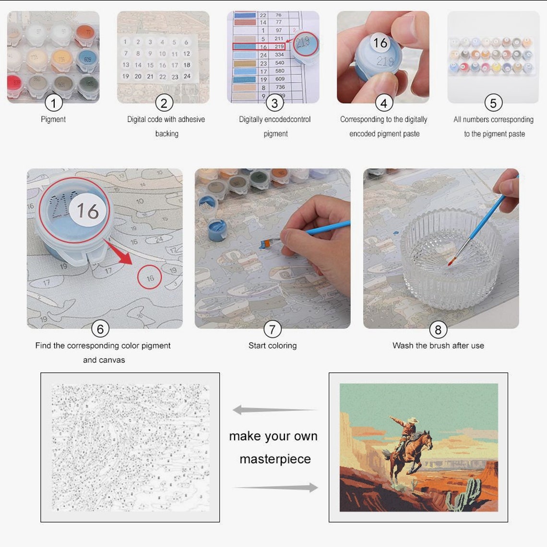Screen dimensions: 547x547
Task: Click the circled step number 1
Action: coord(53,103)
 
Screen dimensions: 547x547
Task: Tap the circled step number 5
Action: coord(493,103)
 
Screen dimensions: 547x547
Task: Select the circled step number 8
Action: coord(438,329)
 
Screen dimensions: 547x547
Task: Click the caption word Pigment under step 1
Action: coord(53,119)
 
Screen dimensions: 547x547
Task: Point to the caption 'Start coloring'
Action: coord(273,345)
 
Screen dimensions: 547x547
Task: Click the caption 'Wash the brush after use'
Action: coord(438,345)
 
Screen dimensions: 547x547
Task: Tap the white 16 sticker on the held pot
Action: coord(380,43)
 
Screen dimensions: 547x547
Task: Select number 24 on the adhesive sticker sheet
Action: coord(187,76)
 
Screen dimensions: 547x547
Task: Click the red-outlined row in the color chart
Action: coord(259,47)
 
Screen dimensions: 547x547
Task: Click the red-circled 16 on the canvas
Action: coord(150,278)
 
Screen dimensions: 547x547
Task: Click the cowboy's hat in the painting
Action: coord(411,420)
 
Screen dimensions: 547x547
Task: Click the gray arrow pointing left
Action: coord(273,410)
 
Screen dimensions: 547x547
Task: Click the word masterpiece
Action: coord(275,459)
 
